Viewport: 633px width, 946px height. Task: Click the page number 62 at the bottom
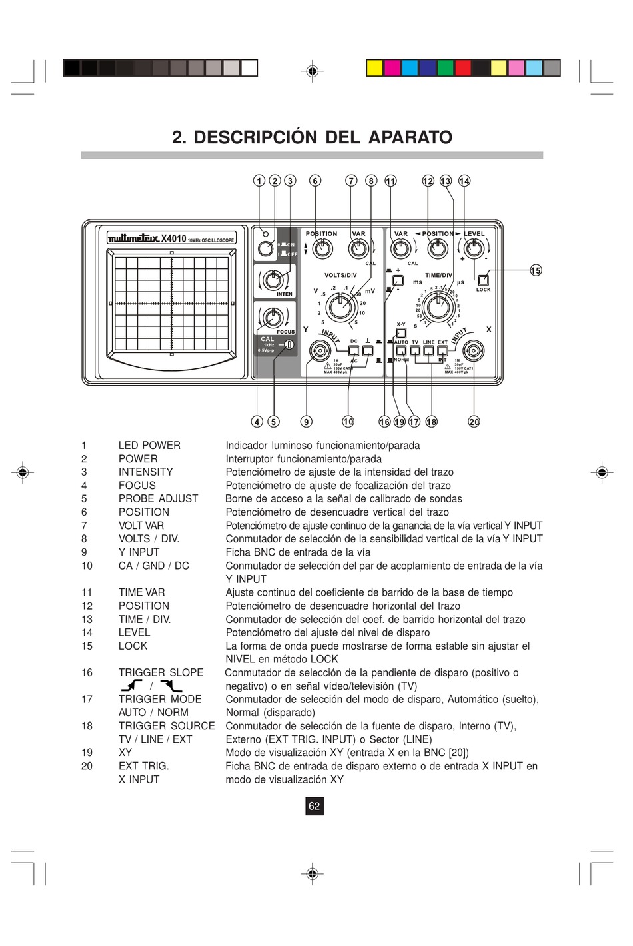tap(314, 806)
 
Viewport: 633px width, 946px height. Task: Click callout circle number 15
tap(536, 270)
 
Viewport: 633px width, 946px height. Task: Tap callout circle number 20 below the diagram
tap(474, 422)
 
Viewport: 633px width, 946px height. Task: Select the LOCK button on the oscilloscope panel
tap(483, 280)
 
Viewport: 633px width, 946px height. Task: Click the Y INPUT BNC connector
tap(320, 351)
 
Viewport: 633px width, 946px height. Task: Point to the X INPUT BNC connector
tap(474, 351)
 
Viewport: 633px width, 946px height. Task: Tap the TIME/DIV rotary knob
tap(438, 307)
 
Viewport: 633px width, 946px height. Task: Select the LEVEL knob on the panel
tap(474, 249)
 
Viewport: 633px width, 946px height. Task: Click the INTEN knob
tap(271, 280)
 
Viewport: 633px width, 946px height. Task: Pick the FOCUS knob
tap(271, 317)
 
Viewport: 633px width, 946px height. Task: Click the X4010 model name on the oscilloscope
tap(173, 238)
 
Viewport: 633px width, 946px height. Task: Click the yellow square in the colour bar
tap(374, 68)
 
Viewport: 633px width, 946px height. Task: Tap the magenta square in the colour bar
tap(392, 68)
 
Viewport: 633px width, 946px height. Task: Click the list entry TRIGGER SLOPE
tap(161, 672)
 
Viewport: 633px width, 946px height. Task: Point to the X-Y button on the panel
tap(401, 332)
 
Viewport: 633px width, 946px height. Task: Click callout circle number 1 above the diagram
tap(259, 181)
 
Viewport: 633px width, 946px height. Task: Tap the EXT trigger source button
tap(442, 350)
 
